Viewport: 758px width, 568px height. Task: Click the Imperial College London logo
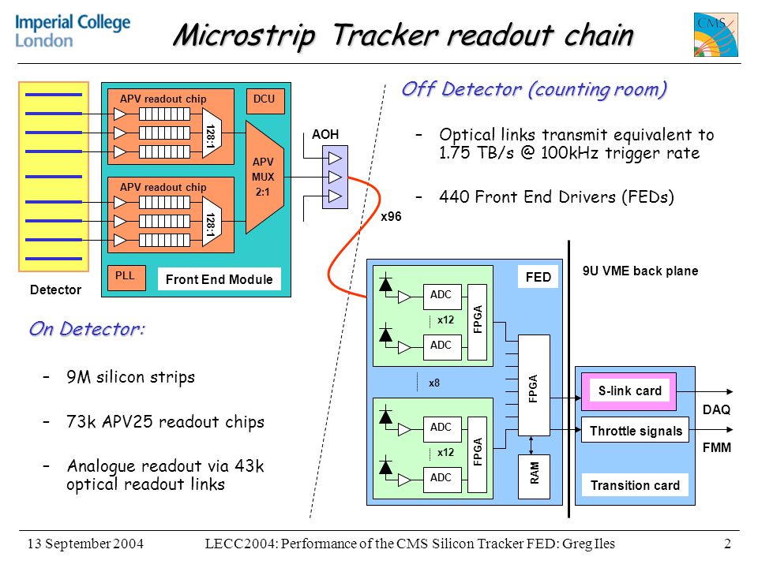click(73, 31)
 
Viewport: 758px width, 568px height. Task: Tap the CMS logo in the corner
click(716, 35)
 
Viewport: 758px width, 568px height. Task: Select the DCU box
click(265, 101)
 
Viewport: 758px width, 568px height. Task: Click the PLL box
click(126, 278)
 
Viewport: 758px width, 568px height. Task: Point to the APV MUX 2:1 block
click(264, 177)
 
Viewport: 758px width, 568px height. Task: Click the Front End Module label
click(219, 279)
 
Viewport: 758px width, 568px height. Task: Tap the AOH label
click(325, 134)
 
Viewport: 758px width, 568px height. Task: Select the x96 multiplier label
click(391, 216)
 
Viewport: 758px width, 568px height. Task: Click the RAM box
click(534, 476)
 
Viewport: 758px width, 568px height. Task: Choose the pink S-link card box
click(629, 391)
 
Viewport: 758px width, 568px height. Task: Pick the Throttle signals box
click(635, 431)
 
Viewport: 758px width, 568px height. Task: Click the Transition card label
click(635, 485)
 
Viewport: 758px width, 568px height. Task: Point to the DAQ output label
click(716, 409)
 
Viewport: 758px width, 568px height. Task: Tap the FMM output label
click(716, 448)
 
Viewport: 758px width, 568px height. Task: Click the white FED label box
click(538, 277)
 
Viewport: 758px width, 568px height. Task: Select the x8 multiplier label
click(434, 383)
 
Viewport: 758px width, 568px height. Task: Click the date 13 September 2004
click(85, 544)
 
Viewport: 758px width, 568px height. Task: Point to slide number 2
click(727, 544)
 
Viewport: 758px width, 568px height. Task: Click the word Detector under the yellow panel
click(55, 290)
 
